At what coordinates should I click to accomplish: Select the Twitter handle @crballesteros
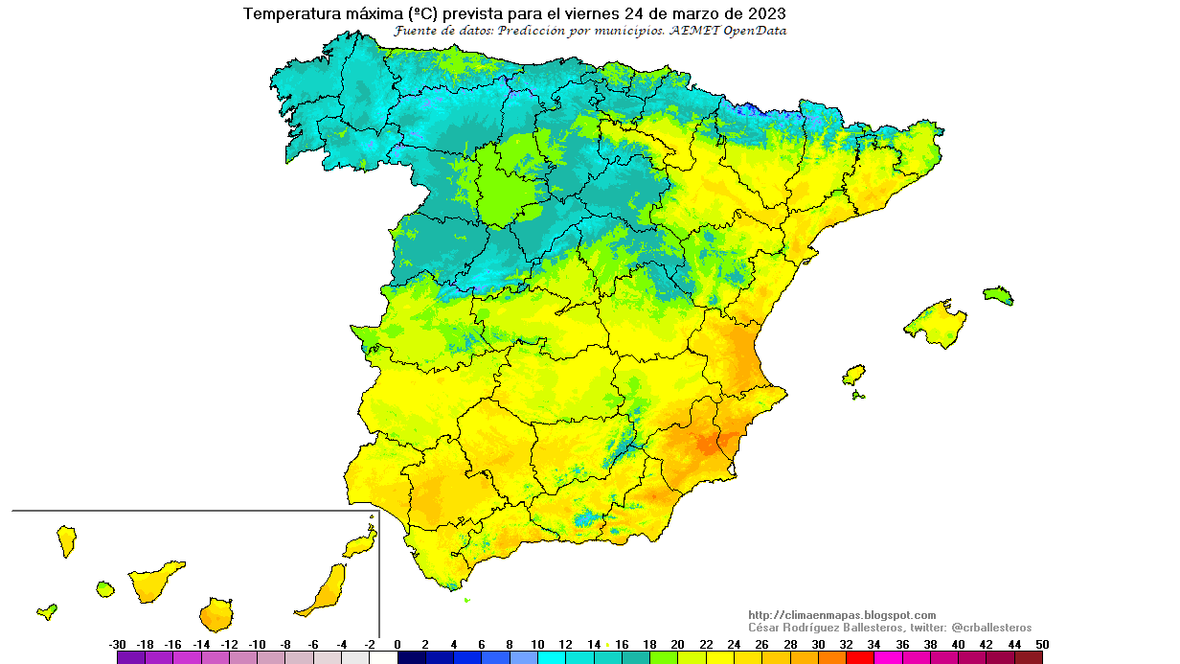(x=991, y=628)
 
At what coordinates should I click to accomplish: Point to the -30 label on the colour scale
(x=118, y=645)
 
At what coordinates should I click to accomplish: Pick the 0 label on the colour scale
(x=397, y=645)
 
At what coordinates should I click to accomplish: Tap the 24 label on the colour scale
(x=734, y=645)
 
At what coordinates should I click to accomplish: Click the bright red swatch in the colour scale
(x=860, y=658)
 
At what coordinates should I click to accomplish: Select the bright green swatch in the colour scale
(x=664, y=658)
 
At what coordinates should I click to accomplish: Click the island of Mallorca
(x=937, y=323)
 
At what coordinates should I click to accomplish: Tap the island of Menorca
(x=998, y=294)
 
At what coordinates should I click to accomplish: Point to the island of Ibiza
(x=853, y=374)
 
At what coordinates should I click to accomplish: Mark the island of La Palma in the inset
(x=66, y=539)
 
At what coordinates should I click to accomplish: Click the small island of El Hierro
(x=46, y=611)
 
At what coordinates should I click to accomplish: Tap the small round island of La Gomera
(x=105, y=588)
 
